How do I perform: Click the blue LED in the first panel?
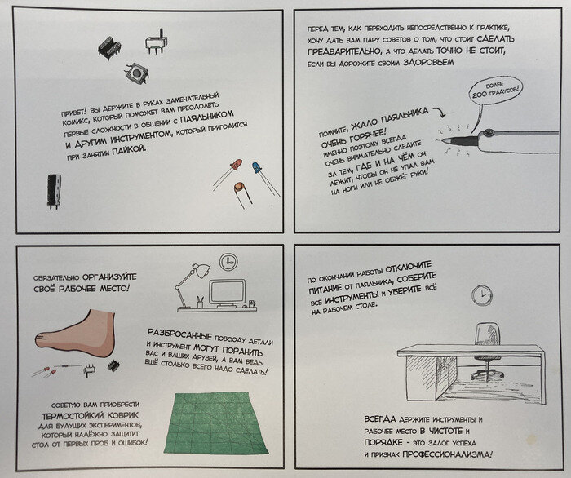tap(257, 168)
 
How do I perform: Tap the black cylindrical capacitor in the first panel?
tap(54, 192)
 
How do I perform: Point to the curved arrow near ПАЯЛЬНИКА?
tap(440, 111)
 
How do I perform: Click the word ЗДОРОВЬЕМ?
tap(428, 62)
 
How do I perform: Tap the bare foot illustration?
tap(76, 334)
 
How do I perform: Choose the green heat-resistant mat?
tap(215, 423)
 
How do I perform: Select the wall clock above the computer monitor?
tap(228, 261)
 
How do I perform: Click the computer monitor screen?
tap(228, 291)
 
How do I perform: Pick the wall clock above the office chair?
tap(482, 295)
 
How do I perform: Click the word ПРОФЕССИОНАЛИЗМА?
tap(447, 454)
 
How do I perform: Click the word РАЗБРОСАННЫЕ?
tap(180, 334)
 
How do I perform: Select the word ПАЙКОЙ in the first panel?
tap(130, 150)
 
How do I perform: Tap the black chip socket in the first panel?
tap(109, 47)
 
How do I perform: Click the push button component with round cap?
tap(136, 73)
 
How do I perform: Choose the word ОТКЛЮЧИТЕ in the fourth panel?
tap(408, 268)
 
